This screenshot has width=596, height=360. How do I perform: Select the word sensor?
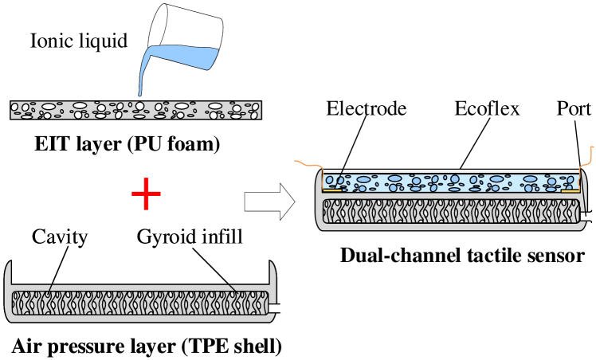pyautogui.click(x=556, y=256)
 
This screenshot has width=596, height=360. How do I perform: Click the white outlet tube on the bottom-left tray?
pyautogui.click(x=280, y=308)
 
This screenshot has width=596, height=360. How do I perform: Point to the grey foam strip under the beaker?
pyautogui.click(x=135, y=110)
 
